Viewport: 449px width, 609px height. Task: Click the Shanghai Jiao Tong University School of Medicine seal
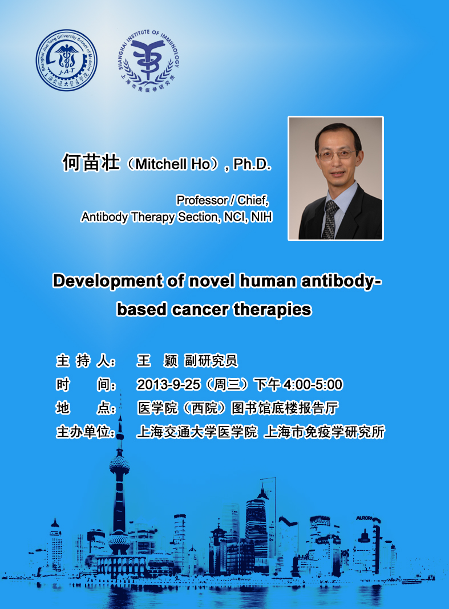tap(67, 60)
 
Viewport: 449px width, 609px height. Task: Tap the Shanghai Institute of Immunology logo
tap(148, 60)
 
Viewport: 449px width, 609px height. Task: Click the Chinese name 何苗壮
tap(91, 163)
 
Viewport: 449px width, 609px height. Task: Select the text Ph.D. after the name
tap(252, 164)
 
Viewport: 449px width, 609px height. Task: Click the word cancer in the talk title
tap(200, 310)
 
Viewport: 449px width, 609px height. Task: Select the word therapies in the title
tap(273, 310)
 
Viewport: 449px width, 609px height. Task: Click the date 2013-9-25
tap(168, 384)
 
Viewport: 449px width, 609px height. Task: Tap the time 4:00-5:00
tap(313, 384)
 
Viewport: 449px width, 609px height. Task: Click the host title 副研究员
tap(211, 361)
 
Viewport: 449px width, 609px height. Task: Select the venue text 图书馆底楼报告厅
tap(285, 408)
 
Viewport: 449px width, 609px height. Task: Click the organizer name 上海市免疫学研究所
tap(324, 432)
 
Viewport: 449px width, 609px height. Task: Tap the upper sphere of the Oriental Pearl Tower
tap(119, 465)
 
